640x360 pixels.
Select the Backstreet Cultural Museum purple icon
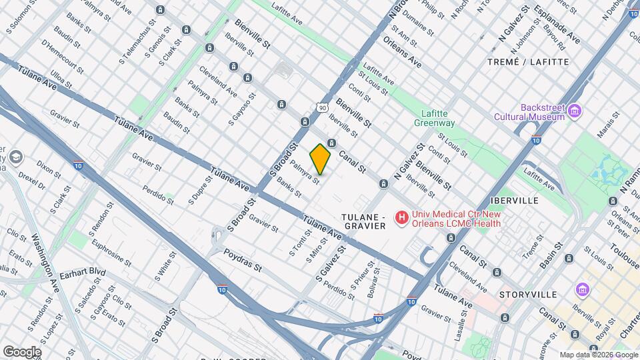(575, 110)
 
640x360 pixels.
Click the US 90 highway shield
(323, 107)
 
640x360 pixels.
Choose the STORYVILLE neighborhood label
(527, 294)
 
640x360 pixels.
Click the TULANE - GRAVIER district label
(364, 222)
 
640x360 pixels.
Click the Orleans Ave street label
(403, 51)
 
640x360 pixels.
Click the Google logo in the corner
(22, 351)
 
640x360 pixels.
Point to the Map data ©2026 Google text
(599, 355)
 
